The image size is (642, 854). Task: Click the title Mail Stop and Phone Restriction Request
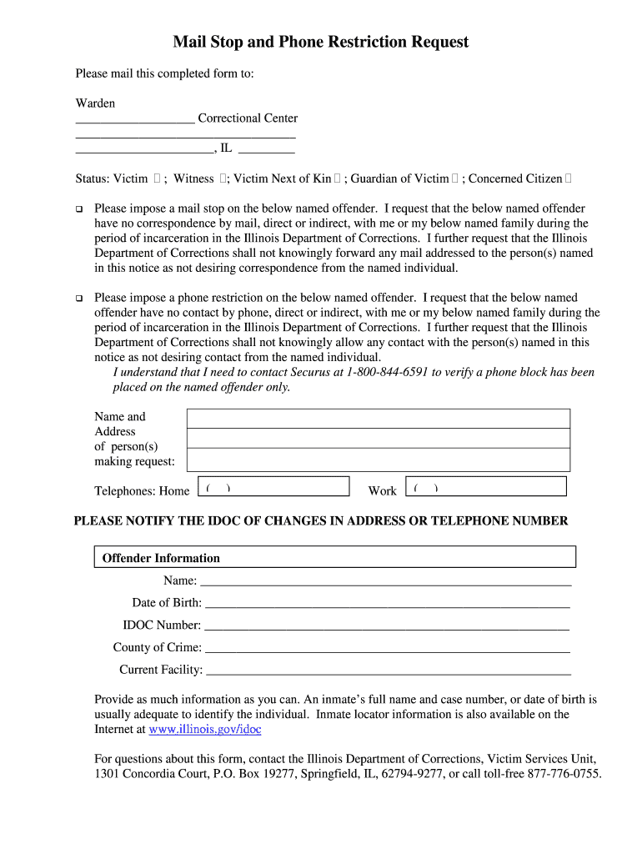click(x=321, y=42)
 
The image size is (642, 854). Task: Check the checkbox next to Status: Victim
click(x=157, y=178)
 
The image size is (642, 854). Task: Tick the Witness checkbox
click(x=223, y=178)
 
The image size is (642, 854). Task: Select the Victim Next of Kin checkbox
click(x=338, y=178)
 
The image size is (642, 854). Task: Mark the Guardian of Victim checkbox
click(x=455, y=178)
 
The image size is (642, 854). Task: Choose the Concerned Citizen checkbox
click(x=569, y=178)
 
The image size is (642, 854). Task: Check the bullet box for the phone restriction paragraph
click(x=79, y=298)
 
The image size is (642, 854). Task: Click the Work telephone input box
click(x=485, y=487)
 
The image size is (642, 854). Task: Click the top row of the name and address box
click(x=378, y=419)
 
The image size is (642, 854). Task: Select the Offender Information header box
click(x=334, y=557)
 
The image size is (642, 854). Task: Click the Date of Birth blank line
click(x=387, y=603)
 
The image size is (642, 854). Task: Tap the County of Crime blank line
click(x=387, y=648)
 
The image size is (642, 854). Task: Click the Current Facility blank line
click(x=388, y=670)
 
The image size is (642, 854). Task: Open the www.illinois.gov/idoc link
click(x=205, y=729)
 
